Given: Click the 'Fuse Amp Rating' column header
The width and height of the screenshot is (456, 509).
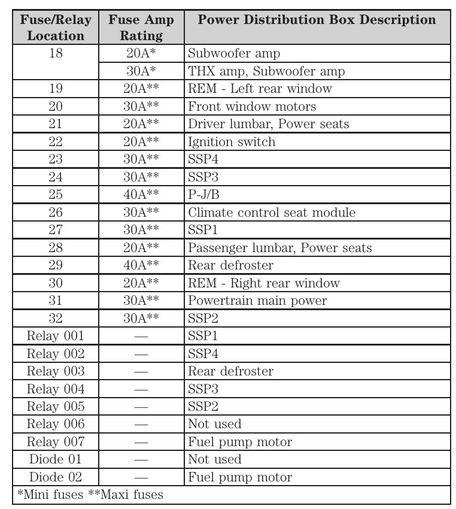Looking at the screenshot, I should (141, 28).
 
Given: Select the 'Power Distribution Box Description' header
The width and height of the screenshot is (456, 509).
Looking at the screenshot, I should (317, 19).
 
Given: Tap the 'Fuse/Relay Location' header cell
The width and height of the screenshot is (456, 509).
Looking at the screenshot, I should (56, 28).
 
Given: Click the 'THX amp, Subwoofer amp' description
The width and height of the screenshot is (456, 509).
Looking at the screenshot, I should (266, 71).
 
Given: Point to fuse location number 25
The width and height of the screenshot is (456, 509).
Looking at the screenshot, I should (56, 195).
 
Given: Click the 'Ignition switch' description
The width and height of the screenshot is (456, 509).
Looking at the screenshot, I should (232, 142).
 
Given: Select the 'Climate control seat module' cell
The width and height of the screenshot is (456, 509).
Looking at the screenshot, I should (272, 213).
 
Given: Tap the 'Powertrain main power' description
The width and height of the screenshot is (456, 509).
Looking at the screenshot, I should (257, 301).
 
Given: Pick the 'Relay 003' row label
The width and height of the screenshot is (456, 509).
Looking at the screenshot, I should (56, 371).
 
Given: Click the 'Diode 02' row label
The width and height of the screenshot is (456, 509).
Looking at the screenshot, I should (56, 477).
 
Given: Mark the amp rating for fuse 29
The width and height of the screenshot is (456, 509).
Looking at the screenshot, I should (141, 265).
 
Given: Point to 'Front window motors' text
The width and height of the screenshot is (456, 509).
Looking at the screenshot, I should (252, 107).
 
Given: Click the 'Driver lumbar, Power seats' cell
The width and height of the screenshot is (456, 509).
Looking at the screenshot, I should (268, 124).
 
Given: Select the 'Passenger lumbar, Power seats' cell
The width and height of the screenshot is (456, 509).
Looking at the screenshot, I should (279, 248).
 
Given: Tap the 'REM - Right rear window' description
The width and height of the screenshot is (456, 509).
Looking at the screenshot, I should (264, 283).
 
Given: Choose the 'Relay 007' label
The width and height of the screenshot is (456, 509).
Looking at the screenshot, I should (56, 442).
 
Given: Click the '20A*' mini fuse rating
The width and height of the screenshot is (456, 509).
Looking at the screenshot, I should (141, 53).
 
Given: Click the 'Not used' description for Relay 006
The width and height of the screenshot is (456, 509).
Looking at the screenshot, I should (215, 424).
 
